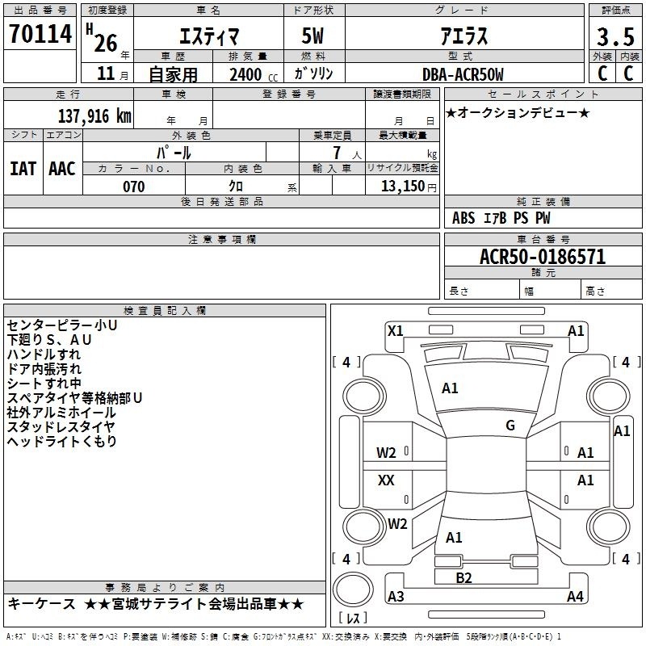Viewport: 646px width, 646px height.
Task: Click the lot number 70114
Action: point(40,34)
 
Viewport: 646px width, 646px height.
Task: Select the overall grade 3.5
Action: point(615,36)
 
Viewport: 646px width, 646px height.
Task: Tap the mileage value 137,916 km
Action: point(94,116)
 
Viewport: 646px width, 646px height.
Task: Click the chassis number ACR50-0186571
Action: point(543,257)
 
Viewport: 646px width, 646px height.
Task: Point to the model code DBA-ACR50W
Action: point(463,74)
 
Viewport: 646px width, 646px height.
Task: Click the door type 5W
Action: point(313,36)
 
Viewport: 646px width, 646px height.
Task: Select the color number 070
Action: point(134,187)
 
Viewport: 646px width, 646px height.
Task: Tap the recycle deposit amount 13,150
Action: point(403,187)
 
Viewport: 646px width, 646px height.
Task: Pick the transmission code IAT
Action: point(23,169)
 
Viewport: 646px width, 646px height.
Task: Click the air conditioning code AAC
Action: point(62,169)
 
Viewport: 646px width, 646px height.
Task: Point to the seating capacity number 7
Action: point(337,153)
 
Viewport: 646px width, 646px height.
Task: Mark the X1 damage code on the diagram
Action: point(396,331)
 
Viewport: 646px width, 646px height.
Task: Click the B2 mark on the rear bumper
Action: point(464,578)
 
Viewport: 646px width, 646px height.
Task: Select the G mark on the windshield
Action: point(510,426)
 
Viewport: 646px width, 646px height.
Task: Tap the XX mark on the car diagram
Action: point(386,480)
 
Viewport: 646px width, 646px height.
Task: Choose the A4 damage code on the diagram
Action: point(575,596)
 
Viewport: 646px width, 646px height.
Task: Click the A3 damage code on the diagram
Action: point(396,596)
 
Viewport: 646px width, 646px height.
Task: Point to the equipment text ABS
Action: point(464,218)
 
